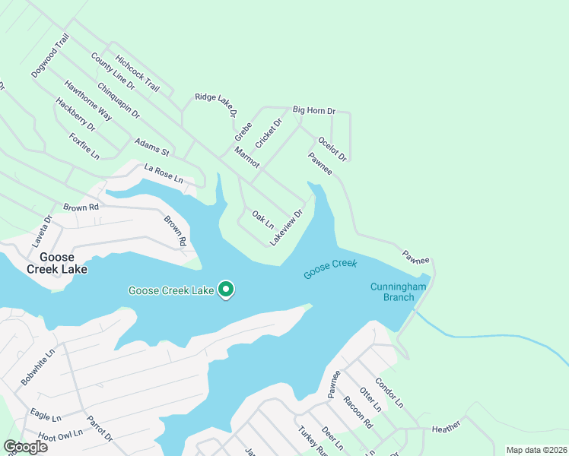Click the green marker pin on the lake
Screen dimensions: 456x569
pos(226,290)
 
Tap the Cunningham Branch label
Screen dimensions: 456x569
pos(393,292)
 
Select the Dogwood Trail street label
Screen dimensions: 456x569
pos(50,55)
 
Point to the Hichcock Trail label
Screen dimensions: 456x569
pos(137,73)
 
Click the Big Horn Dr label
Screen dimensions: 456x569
pos(314,111)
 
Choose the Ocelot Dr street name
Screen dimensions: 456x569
pos(332,149)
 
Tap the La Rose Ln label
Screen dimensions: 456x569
pos(164,173)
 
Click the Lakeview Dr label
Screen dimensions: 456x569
pos(286,227)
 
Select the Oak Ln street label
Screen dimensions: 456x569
pos(262,220)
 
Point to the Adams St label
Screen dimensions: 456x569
pos(151,147)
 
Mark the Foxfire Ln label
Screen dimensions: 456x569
pos(84,146)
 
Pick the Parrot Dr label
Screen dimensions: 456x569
pos(99,428)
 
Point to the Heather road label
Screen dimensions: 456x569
pos(447,429)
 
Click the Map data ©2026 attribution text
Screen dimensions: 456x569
pos(536,450)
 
